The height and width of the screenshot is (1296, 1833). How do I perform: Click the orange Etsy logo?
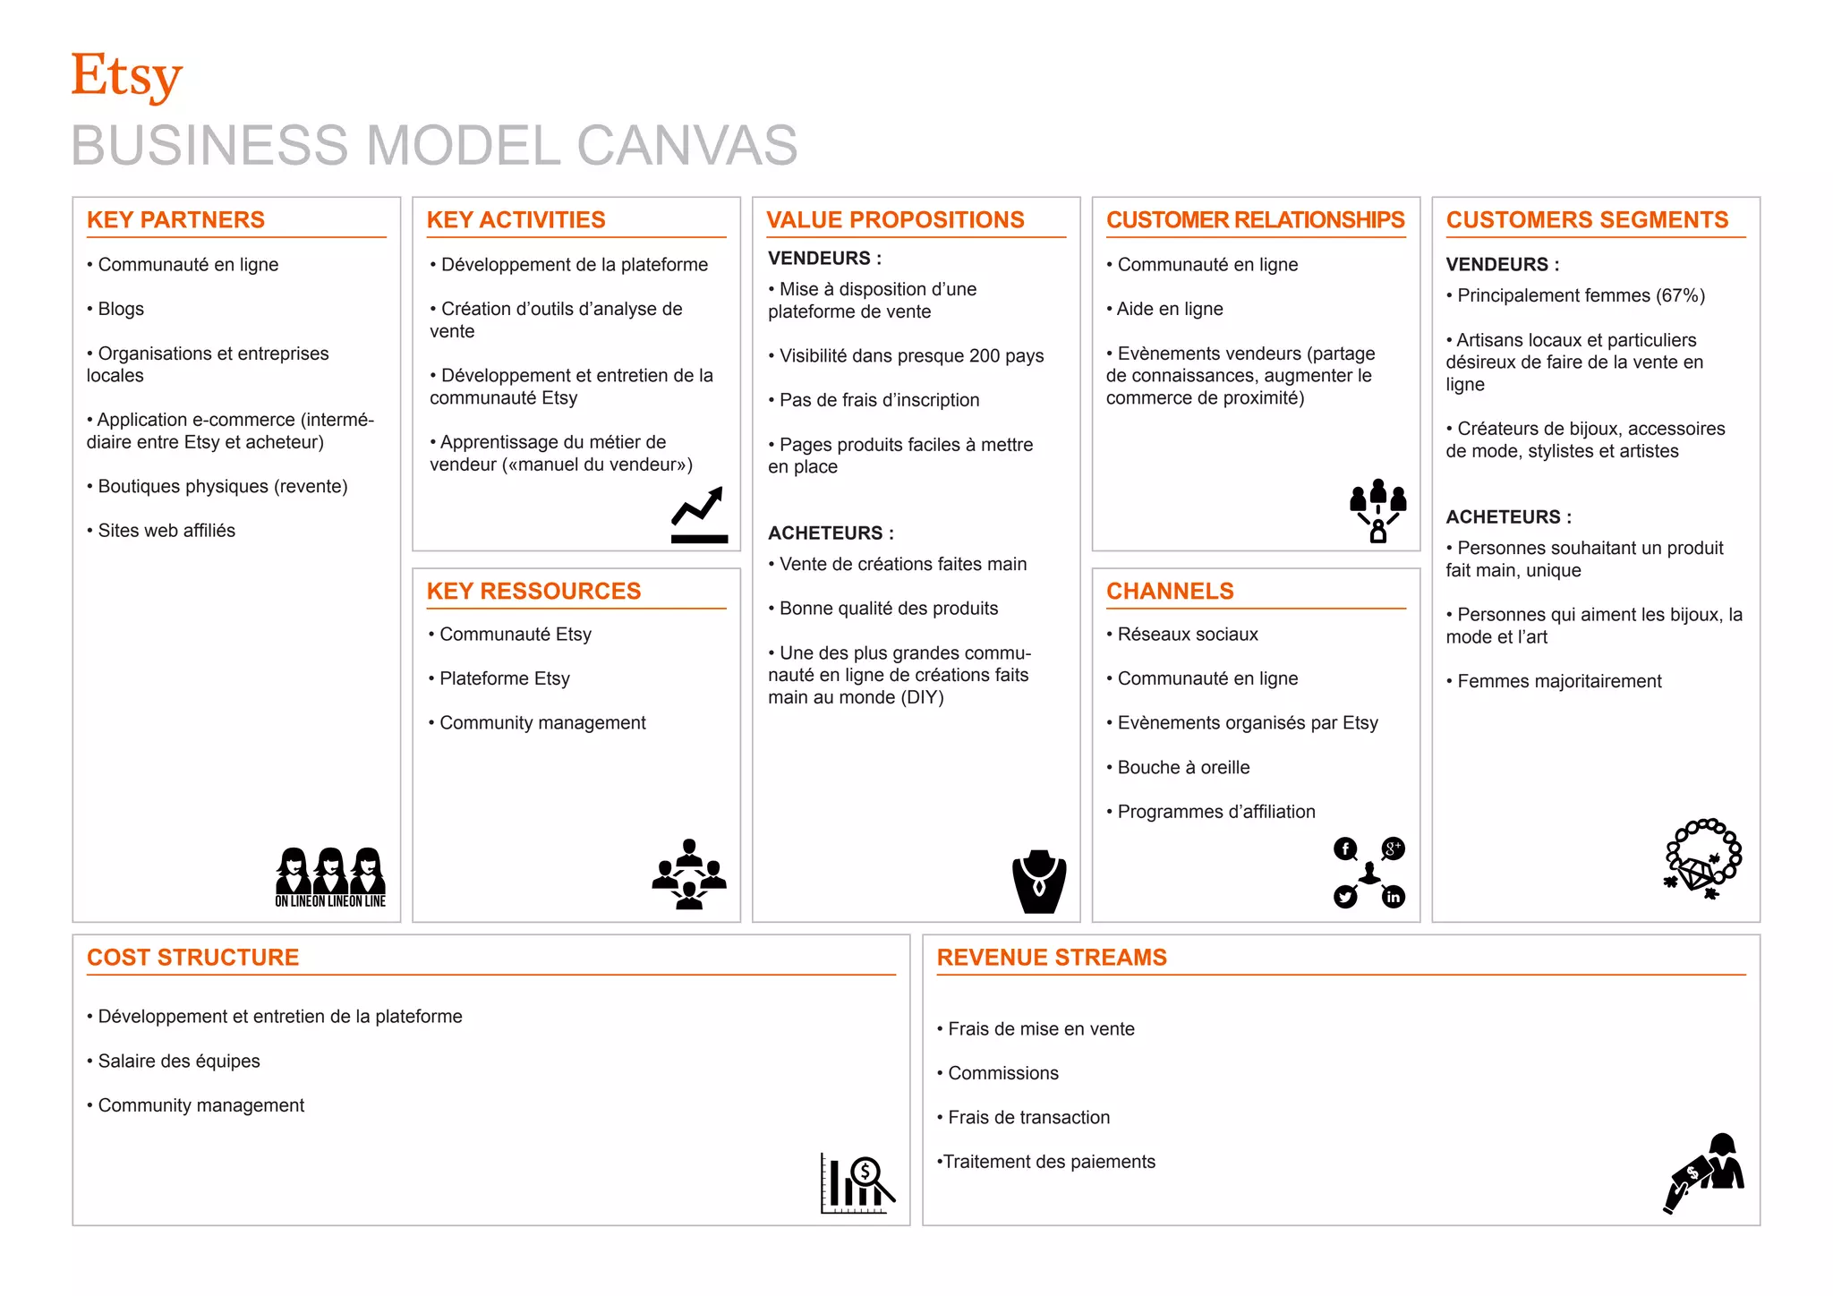[126, 77]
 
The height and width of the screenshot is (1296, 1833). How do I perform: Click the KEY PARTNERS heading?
[175, 220]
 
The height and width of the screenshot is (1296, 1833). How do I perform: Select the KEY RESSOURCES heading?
[533, 592]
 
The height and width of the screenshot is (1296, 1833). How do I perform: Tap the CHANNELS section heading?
[1170, 592]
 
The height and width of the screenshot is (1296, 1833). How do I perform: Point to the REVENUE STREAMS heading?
[1052, 958]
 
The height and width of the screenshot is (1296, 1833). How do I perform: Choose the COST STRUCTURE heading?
[192, 958]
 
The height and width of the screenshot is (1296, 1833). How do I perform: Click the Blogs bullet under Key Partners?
[120, 309]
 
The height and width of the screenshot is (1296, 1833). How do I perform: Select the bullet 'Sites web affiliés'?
[166, 531]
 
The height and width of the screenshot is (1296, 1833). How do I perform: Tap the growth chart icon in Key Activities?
[699, 516]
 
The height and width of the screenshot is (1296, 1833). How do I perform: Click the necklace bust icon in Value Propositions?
[1039, 882]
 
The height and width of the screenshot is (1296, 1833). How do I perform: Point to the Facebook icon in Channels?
[1345, 848]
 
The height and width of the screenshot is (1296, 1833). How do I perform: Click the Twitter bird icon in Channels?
[1345, 897]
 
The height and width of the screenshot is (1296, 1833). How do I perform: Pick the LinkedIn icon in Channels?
[1394, 897]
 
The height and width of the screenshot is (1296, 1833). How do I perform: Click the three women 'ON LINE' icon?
[330, 877]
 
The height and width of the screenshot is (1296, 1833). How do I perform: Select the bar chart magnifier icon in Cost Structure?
[857, 1182]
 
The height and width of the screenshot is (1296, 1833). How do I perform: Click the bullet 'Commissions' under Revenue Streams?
[1002, 1073]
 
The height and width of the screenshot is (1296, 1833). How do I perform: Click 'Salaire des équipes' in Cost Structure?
[178, 1062]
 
